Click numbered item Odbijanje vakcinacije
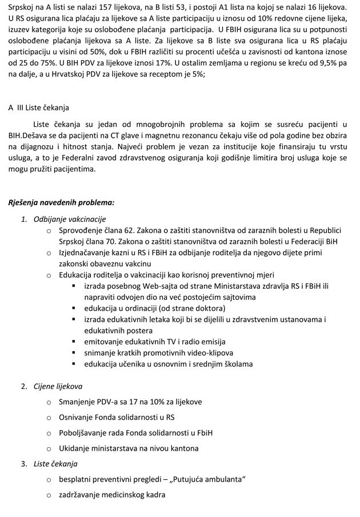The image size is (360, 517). tap(70, 219)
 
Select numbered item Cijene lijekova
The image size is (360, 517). tap(58, 386)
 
